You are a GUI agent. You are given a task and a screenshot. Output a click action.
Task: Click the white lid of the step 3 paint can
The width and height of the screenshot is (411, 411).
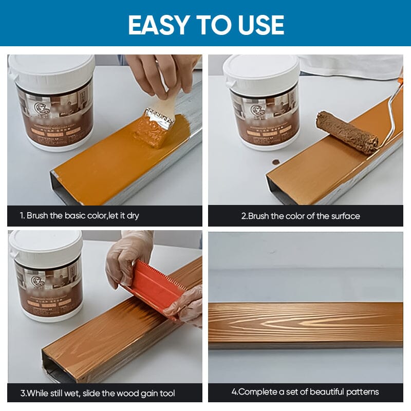point(46,245)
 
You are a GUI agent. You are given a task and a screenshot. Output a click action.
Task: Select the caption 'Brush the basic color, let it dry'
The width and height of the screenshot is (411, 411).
point(79,216)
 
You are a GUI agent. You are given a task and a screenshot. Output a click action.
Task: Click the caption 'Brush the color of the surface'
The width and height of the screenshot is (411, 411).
point(301,216)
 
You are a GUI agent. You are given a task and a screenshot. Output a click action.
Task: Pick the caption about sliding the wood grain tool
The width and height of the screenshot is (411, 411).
point(98,393)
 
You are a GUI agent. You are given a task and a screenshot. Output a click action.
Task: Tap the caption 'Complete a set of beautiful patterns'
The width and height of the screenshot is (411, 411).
point(305,392)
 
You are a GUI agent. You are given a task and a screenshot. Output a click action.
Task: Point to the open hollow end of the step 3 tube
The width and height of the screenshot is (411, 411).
point(52,368)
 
